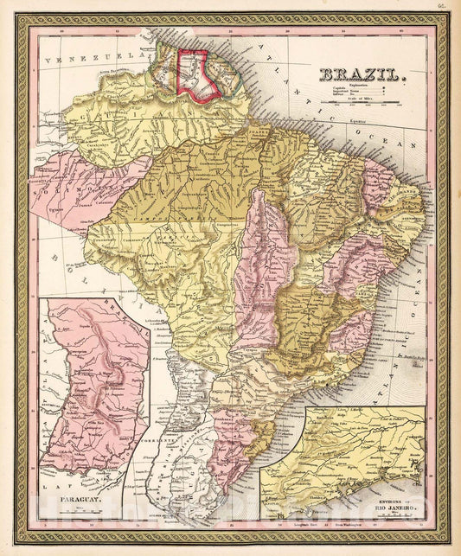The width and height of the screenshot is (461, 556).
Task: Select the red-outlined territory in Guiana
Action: [x=195, y=74]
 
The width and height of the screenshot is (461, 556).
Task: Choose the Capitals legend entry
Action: [x=339, y=90]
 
